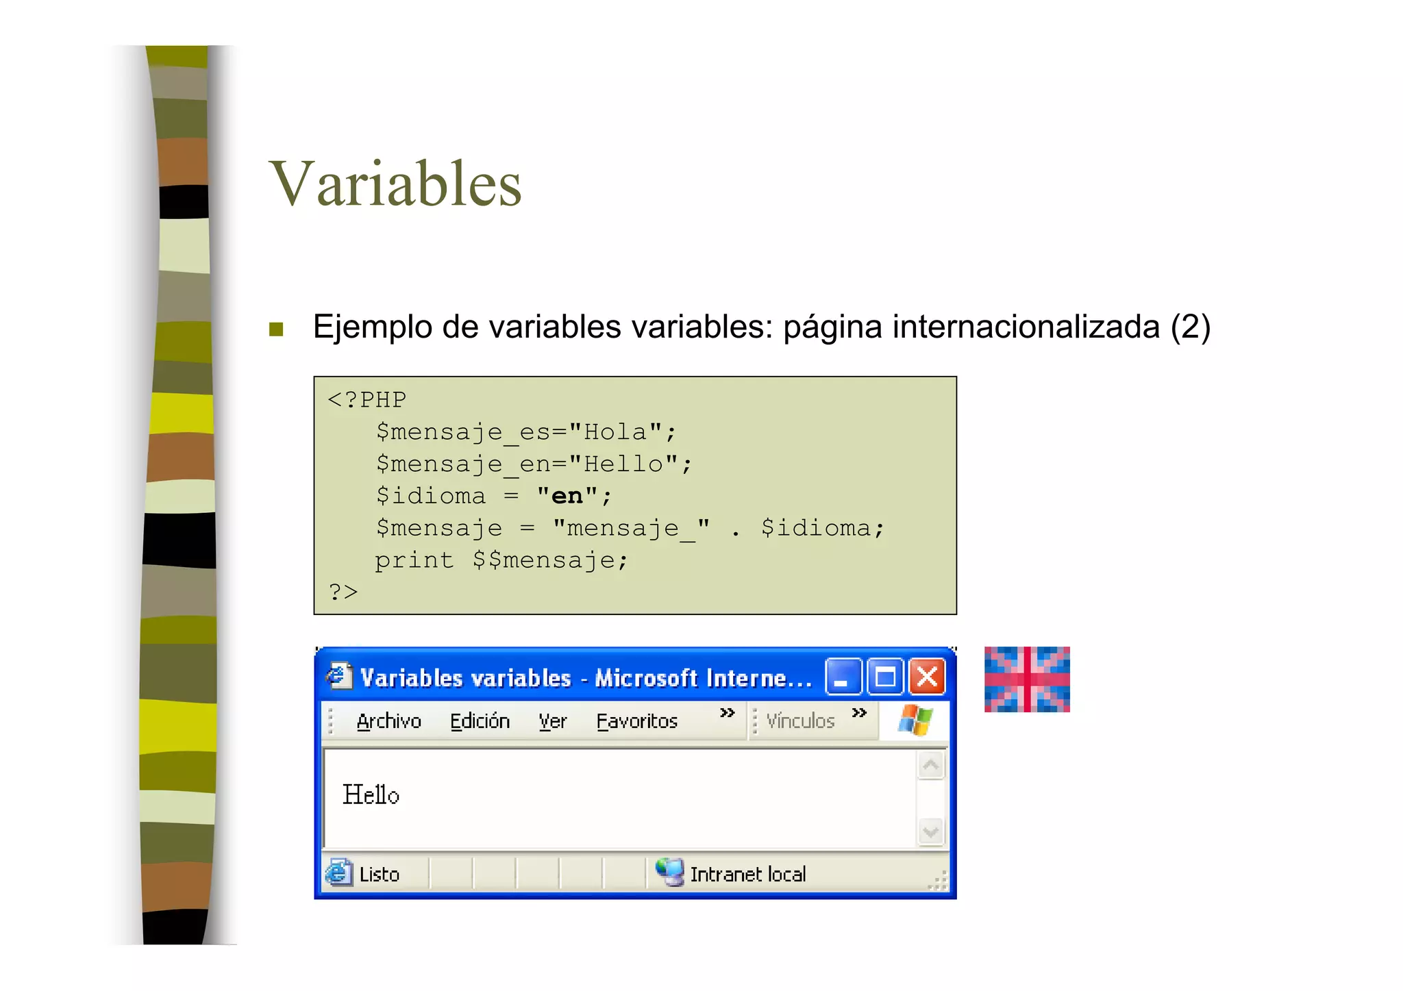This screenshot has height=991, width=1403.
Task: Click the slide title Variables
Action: pyautogui.click(x=396, y=184)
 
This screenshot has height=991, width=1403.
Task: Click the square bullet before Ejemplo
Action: pyautogui.click(x=276, y=329)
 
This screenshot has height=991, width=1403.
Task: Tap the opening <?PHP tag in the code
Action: pyautogui.click(x=367, y=399)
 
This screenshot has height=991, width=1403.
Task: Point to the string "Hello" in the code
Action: pyautogui.click(x=623, y=464)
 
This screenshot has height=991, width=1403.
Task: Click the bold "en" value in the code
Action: pyautogui.click(x=567, y=495)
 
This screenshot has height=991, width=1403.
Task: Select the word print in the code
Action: pyautogui.click(x=414, y=560)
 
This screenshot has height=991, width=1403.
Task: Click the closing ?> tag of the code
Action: pyautogui.click(x=343, y=591)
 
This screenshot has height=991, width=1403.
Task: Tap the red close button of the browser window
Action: pyautogui.click(x=927, y=677)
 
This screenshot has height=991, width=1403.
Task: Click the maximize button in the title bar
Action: pyautogui.click(x=885, y=677)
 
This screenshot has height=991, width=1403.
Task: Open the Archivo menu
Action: pyautogui.click(x=388, y=721)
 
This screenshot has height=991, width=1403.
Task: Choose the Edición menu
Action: pyautogui.click(x=480, y=721)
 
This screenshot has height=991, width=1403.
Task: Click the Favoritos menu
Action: pyautogui.click(x=636, y=721)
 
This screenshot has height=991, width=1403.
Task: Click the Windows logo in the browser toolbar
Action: pyautogui.click(x=916, y=720)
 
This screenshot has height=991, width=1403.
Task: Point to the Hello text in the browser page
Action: pyautogui.click(x=371, y=794)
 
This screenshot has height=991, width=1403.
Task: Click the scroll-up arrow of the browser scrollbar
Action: pyautogui.click(x=930, y=765)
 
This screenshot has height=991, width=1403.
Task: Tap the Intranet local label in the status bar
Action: pyautogui.click(x=747, y=875)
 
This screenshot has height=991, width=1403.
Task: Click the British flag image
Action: pyautogui.click(x=1027, y=679)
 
